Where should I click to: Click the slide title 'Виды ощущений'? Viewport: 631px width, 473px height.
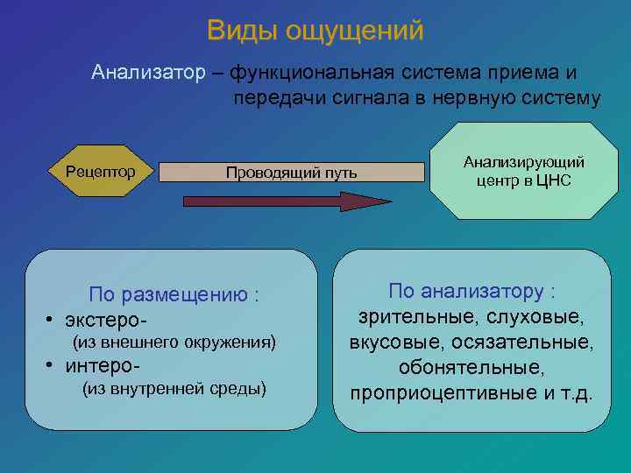315,31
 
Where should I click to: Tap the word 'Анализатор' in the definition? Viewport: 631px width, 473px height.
147,73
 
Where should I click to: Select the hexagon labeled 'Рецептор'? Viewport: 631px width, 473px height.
101,171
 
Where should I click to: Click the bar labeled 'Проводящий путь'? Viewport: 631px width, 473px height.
291,172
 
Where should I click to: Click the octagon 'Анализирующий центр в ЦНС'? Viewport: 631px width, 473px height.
523,171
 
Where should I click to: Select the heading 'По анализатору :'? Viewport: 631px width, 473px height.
471,291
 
